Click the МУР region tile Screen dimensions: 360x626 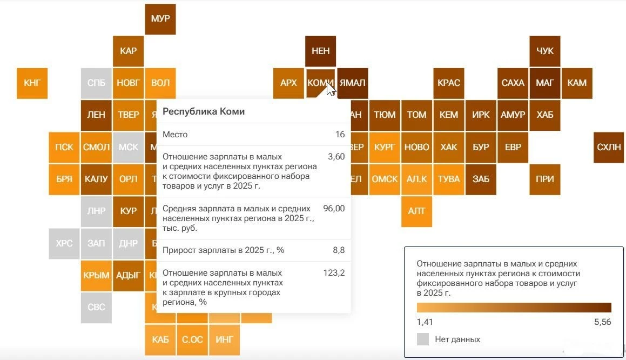[160, 19]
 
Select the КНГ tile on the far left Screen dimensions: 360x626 [32, 83]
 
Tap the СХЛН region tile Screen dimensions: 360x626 [609, 147]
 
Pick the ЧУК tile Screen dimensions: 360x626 [545, 51]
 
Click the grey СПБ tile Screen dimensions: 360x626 [96, 83]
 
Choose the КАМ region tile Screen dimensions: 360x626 [577, 83]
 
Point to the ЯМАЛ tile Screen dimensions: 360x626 [352, 83]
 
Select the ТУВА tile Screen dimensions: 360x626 [448, 179]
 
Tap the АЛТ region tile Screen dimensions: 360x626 [416, 211]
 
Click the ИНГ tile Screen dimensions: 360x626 [224, 339]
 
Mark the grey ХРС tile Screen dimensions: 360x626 [64, 243]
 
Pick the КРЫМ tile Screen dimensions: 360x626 [96, 275]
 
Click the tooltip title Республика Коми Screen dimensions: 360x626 [204, 111]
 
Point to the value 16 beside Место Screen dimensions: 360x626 [340, 134]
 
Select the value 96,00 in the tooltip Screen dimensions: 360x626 [334, 208]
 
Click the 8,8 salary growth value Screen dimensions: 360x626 [339, 250]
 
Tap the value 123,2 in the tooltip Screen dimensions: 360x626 [334, 273]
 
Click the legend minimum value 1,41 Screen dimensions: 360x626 [425, 322]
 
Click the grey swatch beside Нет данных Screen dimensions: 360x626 [423, 339]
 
